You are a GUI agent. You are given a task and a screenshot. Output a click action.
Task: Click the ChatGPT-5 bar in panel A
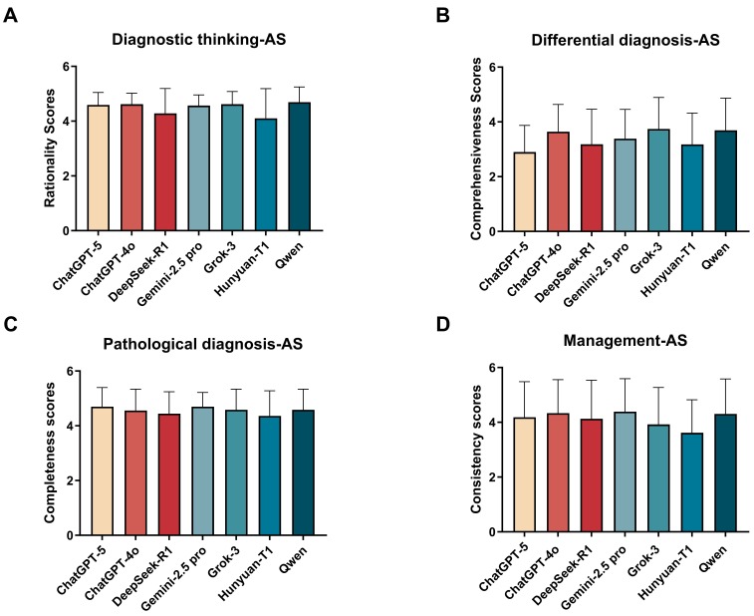coord(98,167)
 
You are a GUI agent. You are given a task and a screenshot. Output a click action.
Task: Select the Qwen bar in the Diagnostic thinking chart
coord(299,166)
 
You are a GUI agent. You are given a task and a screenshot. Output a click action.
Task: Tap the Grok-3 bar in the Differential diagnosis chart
coord(658,180)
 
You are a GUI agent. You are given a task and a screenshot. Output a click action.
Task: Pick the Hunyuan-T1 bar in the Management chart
coord(692,482)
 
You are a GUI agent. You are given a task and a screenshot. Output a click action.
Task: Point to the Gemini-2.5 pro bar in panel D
coord(626,471)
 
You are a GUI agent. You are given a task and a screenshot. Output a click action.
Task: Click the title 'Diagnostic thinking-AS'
coord(198,39)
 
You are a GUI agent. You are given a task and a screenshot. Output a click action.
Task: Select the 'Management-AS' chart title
coord(626,340)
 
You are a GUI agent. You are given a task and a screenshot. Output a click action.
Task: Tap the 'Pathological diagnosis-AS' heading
coord(203,344)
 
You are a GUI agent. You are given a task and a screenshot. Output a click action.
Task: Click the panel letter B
coord(442,15)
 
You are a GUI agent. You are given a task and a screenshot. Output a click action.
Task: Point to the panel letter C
coord(11,324)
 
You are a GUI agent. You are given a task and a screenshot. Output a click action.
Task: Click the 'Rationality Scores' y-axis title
coord(50,149)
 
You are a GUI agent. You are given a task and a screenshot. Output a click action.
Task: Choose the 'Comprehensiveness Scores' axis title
coord(476,149)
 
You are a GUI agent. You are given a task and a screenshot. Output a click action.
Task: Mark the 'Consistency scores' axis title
coord(476,449)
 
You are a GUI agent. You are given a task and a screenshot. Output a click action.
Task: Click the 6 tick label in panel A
coord(67,67)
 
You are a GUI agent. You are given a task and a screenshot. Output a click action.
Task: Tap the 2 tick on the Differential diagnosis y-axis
coord(492,176)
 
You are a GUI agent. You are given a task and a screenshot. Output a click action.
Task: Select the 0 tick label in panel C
coord(70,535)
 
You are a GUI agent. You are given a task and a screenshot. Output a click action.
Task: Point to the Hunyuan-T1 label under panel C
coord(246,568)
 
